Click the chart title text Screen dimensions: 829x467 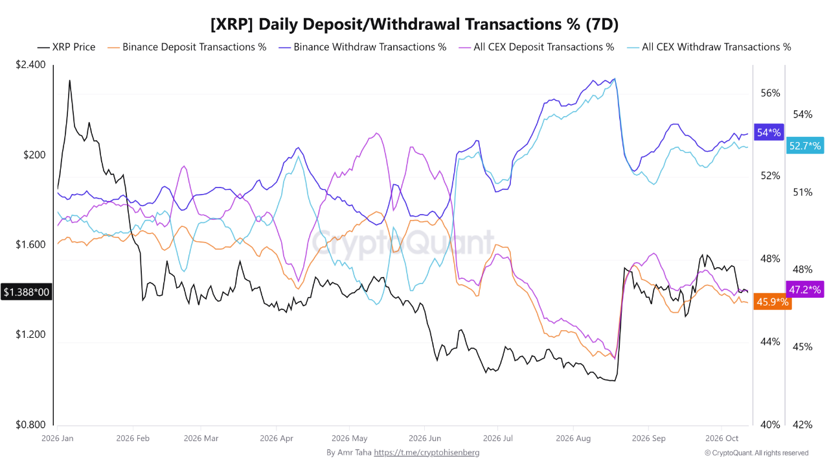[x=414, y=24]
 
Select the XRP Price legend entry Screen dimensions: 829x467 [x=67, y=47]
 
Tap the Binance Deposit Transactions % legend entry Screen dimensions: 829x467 [x=187, y=47]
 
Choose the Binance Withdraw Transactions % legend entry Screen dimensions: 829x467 [x=363, y=47]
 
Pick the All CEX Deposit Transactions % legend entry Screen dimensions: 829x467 [x=536, y=47]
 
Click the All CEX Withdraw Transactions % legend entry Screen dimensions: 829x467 [x=709, y=47]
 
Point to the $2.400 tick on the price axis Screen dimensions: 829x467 [x=30, y=64]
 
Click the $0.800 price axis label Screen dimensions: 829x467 [x=30, y=424]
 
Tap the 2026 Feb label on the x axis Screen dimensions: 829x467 [x=133, y=438]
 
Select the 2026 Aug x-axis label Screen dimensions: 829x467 [x=573, y=438]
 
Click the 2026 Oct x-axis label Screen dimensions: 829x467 [x=721, y=438]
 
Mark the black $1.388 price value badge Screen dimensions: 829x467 [x=27, y=292]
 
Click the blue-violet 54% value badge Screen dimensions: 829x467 [x=769, y=132]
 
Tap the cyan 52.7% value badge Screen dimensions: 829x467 [x=805, y=146]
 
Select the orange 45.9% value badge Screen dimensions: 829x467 [x=773, y=302]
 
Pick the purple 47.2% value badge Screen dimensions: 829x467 [x=805, y=289]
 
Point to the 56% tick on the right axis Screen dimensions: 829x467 [x=770, y=93]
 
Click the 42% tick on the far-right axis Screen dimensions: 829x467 [x=802, y=424]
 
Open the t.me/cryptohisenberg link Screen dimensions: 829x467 [x=426, y=453]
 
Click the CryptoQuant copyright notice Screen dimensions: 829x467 [x=756, y=453]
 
